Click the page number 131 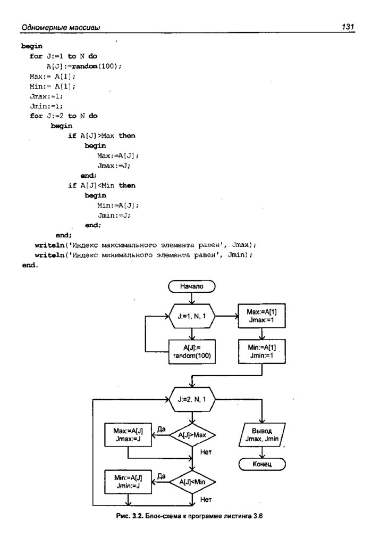tap(348, 27)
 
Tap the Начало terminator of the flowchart tap(192, 286)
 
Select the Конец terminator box tap(262, 464)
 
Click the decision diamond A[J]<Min tap(192, 482)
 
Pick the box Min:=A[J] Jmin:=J tap(128, 482)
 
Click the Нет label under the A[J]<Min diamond tap(206, 500)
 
